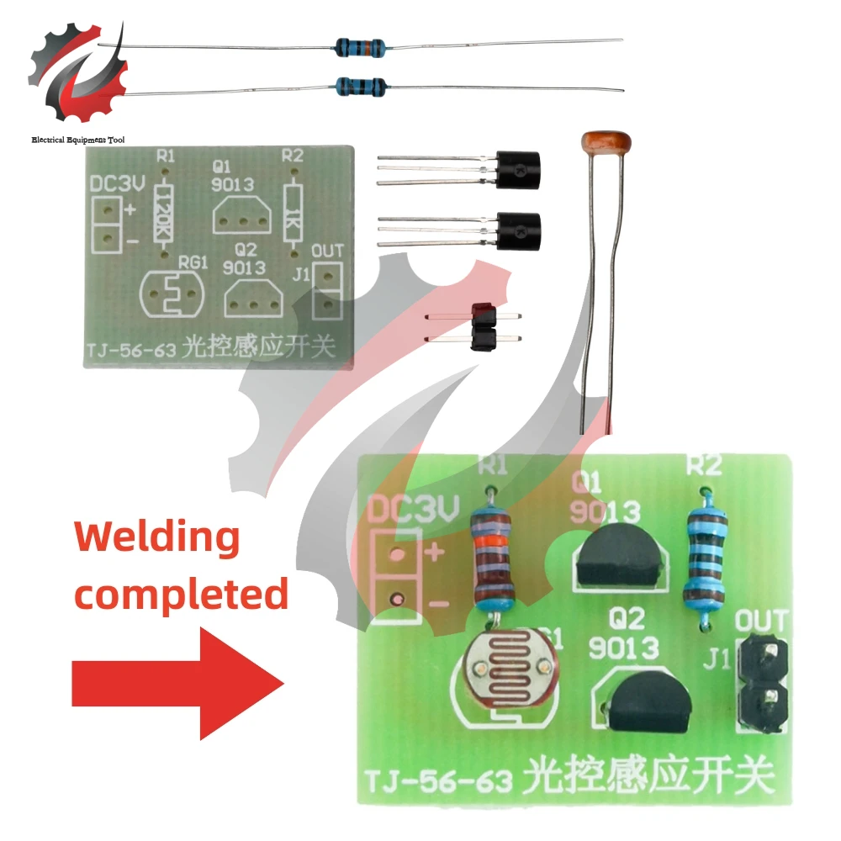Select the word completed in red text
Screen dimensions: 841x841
click(x=182, y=594)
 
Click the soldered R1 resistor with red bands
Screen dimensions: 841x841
click(x=495, y=555)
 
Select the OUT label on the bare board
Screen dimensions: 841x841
click(x=327, y=251)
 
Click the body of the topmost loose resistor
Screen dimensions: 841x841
click(x=360, y=45)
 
